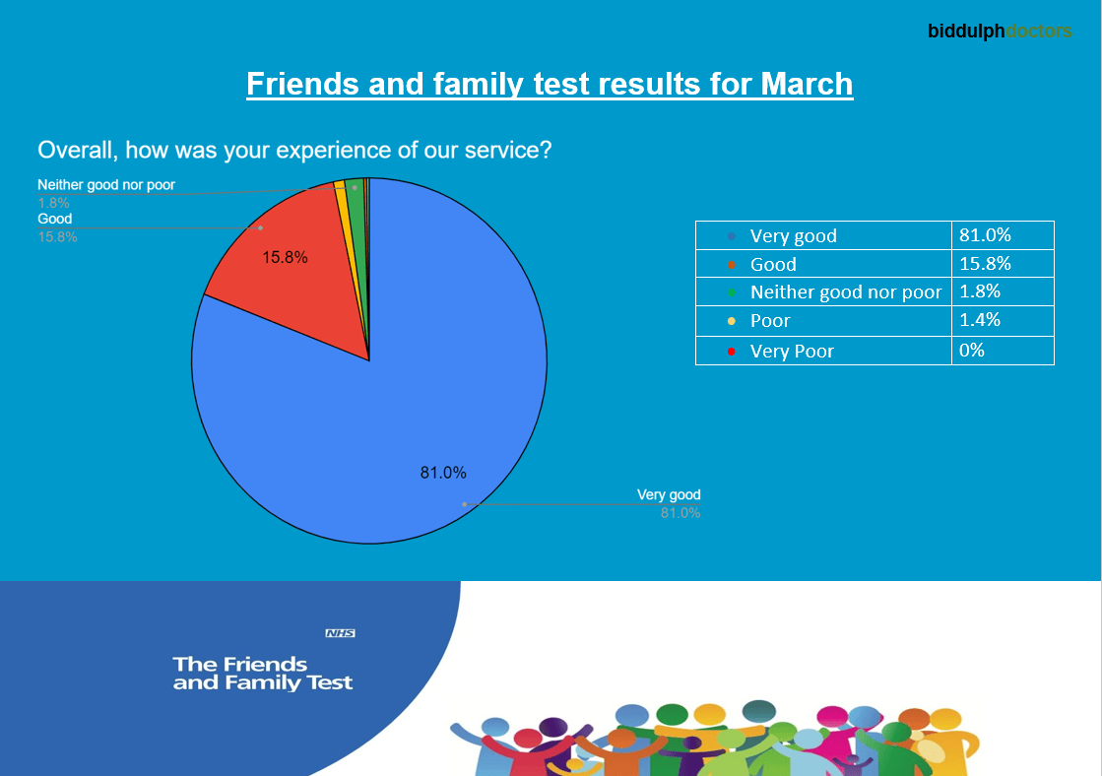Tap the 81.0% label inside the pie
click(443, 473)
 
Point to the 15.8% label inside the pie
click(285, 258)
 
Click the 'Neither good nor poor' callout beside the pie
click(106, 185)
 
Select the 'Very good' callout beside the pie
click(669, 495)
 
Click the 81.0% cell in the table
click(986, 235)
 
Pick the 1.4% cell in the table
click(980, 320)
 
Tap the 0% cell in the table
click(972, 350)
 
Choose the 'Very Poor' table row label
click(792, 351)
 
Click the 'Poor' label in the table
click(770, 321)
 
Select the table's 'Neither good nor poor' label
click(845, 292)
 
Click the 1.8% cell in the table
click(980, 291)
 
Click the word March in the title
click(807, 85)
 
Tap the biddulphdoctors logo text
click(1000, 32)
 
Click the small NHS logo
click(340, 633)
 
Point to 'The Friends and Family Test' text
click(262, 673)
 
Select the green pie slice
click(356, 197)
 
